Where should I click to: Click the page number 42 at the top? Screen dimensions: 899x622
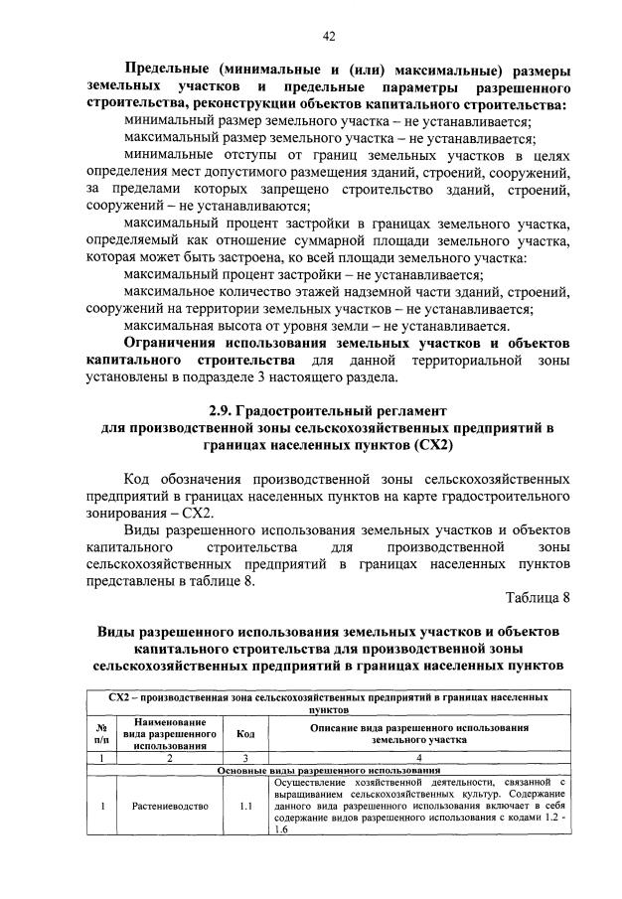329,37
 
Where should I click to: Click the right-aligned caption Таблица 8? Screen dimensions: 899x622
537,599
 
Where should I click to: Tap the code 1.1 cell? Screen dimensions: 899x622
243,806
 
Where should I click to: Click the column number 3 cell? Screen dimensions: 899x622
243,757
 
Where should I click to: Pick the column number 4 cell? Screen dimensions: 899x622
419,757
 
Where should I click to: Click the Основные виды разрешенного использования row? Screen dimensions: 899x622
329,770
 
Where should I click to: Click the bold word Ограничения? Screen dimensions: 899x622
178,343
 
